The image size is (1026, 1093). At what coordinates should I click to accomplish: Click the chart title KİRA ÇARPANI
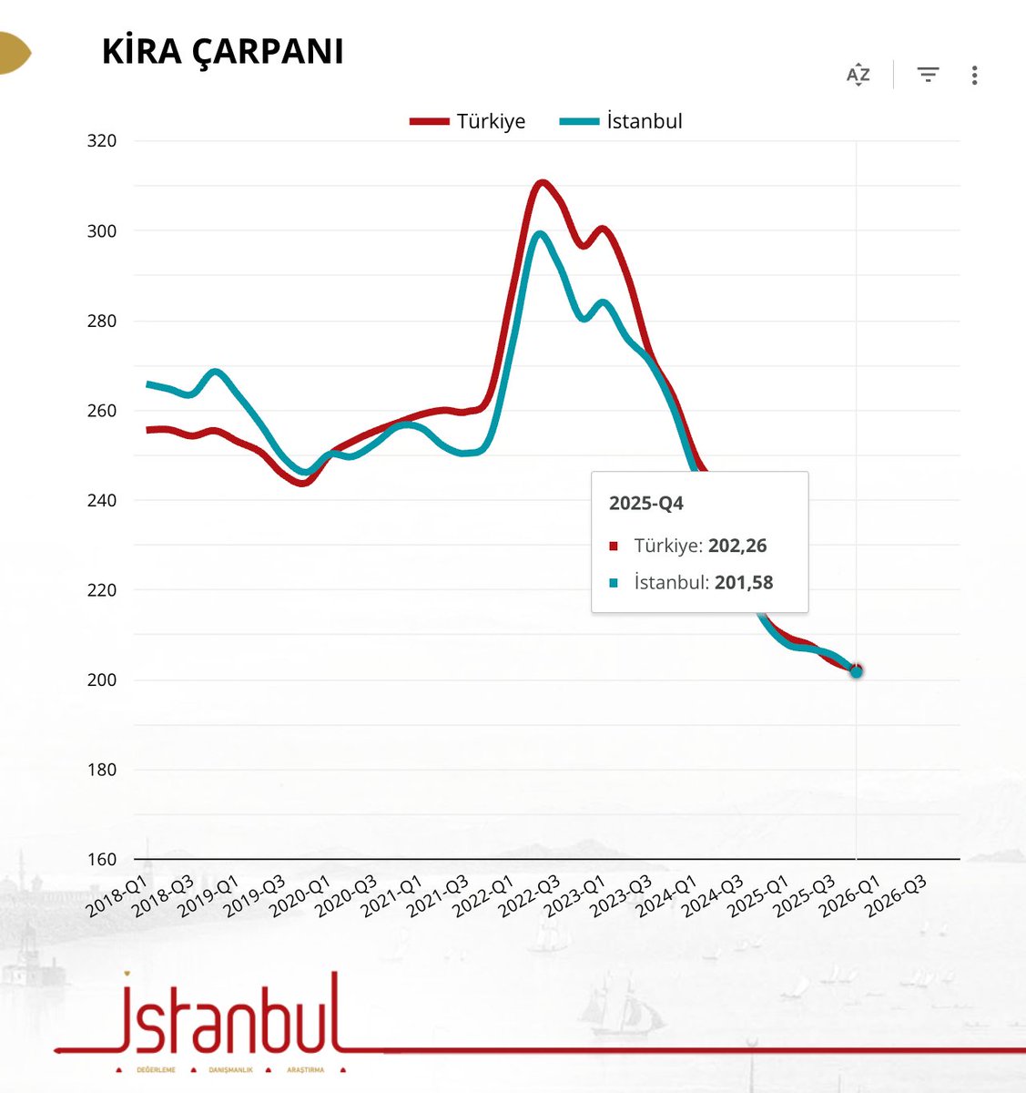222,52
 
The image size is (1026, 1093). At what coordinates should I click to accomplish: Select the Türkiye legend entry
468,121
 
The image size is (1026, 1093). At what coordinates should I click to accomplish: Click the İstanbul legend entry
621,121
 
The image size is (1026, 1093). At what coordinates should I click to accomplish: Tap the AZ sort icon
858,75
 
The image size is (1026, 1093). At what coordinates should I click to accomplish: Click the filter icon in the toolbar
928,75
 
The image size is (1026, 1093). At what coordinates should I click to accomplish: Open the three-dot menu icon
974,75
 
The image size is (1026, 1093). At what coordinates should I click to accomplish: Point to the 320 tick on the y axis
102,141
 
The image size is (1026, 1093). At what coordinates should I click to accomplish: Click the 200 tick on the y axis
102,680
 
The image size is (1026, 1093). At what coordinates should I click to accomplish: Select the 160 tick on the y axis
102,860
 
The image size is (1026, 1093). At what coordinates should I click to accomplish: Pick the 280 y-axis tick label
102,321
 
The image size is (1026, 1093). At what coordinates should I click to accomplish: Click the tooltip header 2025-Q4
645,504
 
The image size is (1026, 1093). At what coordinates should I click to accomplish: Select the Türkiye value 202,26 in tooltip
737,546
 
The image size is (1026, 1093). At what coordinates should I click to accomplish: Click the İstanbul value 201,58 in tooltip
744,582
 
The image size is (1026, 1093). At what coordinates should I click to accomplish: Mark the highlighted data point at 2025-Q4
856,671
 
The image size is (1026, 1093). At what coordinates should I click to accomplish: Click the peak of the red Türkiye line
542,183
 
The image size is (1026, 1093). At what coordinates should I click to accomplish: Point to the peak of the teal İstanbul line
541,234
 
